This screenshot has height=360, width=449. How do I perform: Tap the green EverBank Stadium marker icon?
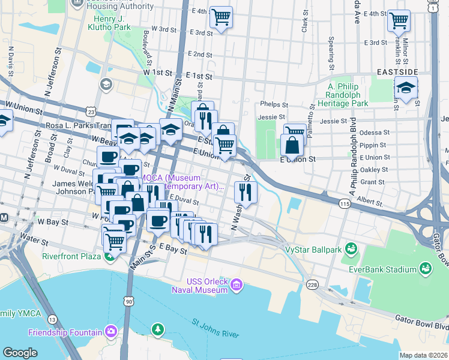click(426, 268)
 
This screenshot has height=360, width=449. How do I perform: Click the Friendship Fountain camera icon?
click(110, 331)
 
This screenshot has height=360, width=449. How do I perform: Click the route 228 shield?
click(312, 284)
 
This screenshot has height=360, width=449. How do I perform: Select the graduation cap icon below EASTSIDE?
click(406, 89)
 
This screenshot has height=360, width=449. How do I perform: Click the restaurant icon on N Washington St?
click(245, 191)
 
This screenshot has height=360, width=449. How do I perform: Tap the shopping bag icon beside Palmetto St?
click(291, 145)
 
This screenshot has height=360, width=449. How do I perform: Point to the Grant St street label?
click(372, 181)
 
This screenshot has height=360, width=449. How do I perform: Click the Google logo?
click(20, 353)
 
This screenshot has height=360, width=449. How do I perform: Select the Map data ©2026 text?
click(423, 355)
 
